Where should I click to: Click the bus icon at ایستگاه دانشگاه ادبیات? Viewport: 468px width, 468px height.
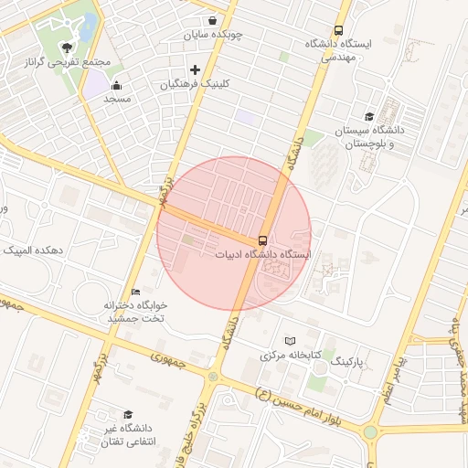click(262, 240)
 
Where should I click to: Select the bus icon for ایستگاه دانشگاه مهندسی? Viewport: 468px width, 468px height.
click(339, 30)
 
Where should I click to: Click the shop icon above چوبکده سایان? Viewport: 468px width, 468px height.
click(212, 20)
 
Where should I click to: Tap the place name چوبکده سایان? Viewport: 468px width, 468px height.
click(212, 35)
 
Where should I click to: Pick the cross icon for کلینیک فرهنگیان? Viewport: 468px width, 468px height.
click(195, 69)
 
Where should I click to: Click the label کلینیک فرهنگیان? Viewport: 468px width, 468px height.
click(195, 83)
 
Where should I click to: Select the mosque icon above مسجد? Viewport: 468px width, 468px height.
click(116, 86)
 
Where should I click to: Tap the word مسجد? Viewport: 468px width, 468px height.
click(117, 99)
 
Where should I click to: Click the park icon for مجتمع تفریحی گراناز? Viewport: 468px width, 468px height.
click(66, 48)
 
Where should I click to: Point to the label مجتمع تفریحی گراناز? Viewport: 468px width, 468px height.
click(66, 62)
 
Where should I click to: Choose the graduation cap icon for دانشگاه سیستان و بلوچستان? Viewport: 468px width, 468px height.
click(368, 117)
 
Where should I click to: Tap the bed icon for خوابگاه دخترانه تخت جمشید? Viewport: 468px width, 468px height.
click(135, 291)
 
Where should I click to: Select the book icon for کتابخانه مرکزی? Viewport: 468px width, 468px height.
click(291, 340)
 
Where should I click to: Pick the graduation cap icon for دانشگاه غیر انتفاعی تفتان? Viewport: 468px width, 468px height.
click(127, 414)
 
